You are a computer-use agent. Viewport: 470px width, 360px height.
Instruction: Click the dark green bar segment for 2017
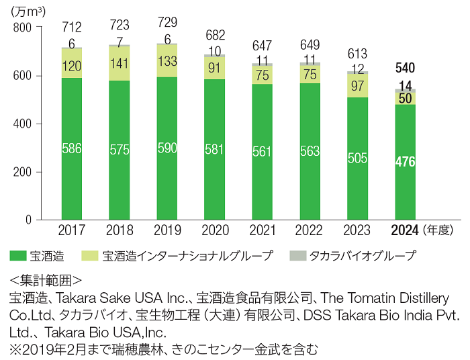pos(71,148)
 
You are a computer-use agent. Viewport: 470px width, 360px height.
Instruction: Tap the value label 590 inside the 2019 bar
pos(167,149)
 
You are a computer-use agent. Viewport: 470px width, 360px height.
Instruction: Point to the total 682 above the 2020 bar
pos(214,35)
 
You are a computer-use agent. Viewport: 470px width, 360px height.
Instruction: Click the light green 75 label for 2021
pos(262,75)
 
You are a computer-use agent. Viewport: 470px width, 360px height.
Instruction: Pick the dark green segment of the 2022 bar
pos(310,151)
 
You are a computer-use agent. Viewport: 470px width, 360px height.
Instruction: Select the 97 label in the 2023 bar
pos(357,85)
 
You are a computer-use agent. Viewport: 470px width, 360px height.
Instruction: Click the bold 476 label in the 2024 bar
pos(405,162)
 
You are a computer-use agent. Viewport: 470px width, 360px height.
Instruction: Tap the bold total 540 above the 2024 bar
pos(405,68)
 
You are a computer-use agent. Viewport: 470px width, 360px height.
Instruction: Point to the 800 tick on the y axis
pos(23,27)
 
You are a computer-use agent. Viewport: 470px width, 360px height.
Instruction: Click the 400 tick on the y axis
pos(23,124)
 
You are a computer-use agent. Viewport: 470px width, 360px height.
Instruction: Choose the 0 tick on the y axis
pos(28,220)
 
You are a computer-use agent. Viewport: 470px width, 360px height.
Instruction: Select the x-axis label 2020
pos(214,230)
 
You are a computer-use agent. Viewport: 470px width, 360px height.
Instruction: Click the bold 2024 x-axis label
pos(405,230)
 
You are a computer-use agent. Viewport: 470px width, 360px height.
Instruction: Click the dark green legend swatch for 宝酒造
pos(17,255)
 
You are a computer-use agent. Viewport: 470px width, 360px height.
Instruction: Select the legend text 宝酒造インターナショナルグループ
pos(189,255)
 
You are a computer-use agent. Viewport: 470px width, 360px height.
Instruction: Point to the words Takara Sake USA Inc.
pos(110,297)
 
